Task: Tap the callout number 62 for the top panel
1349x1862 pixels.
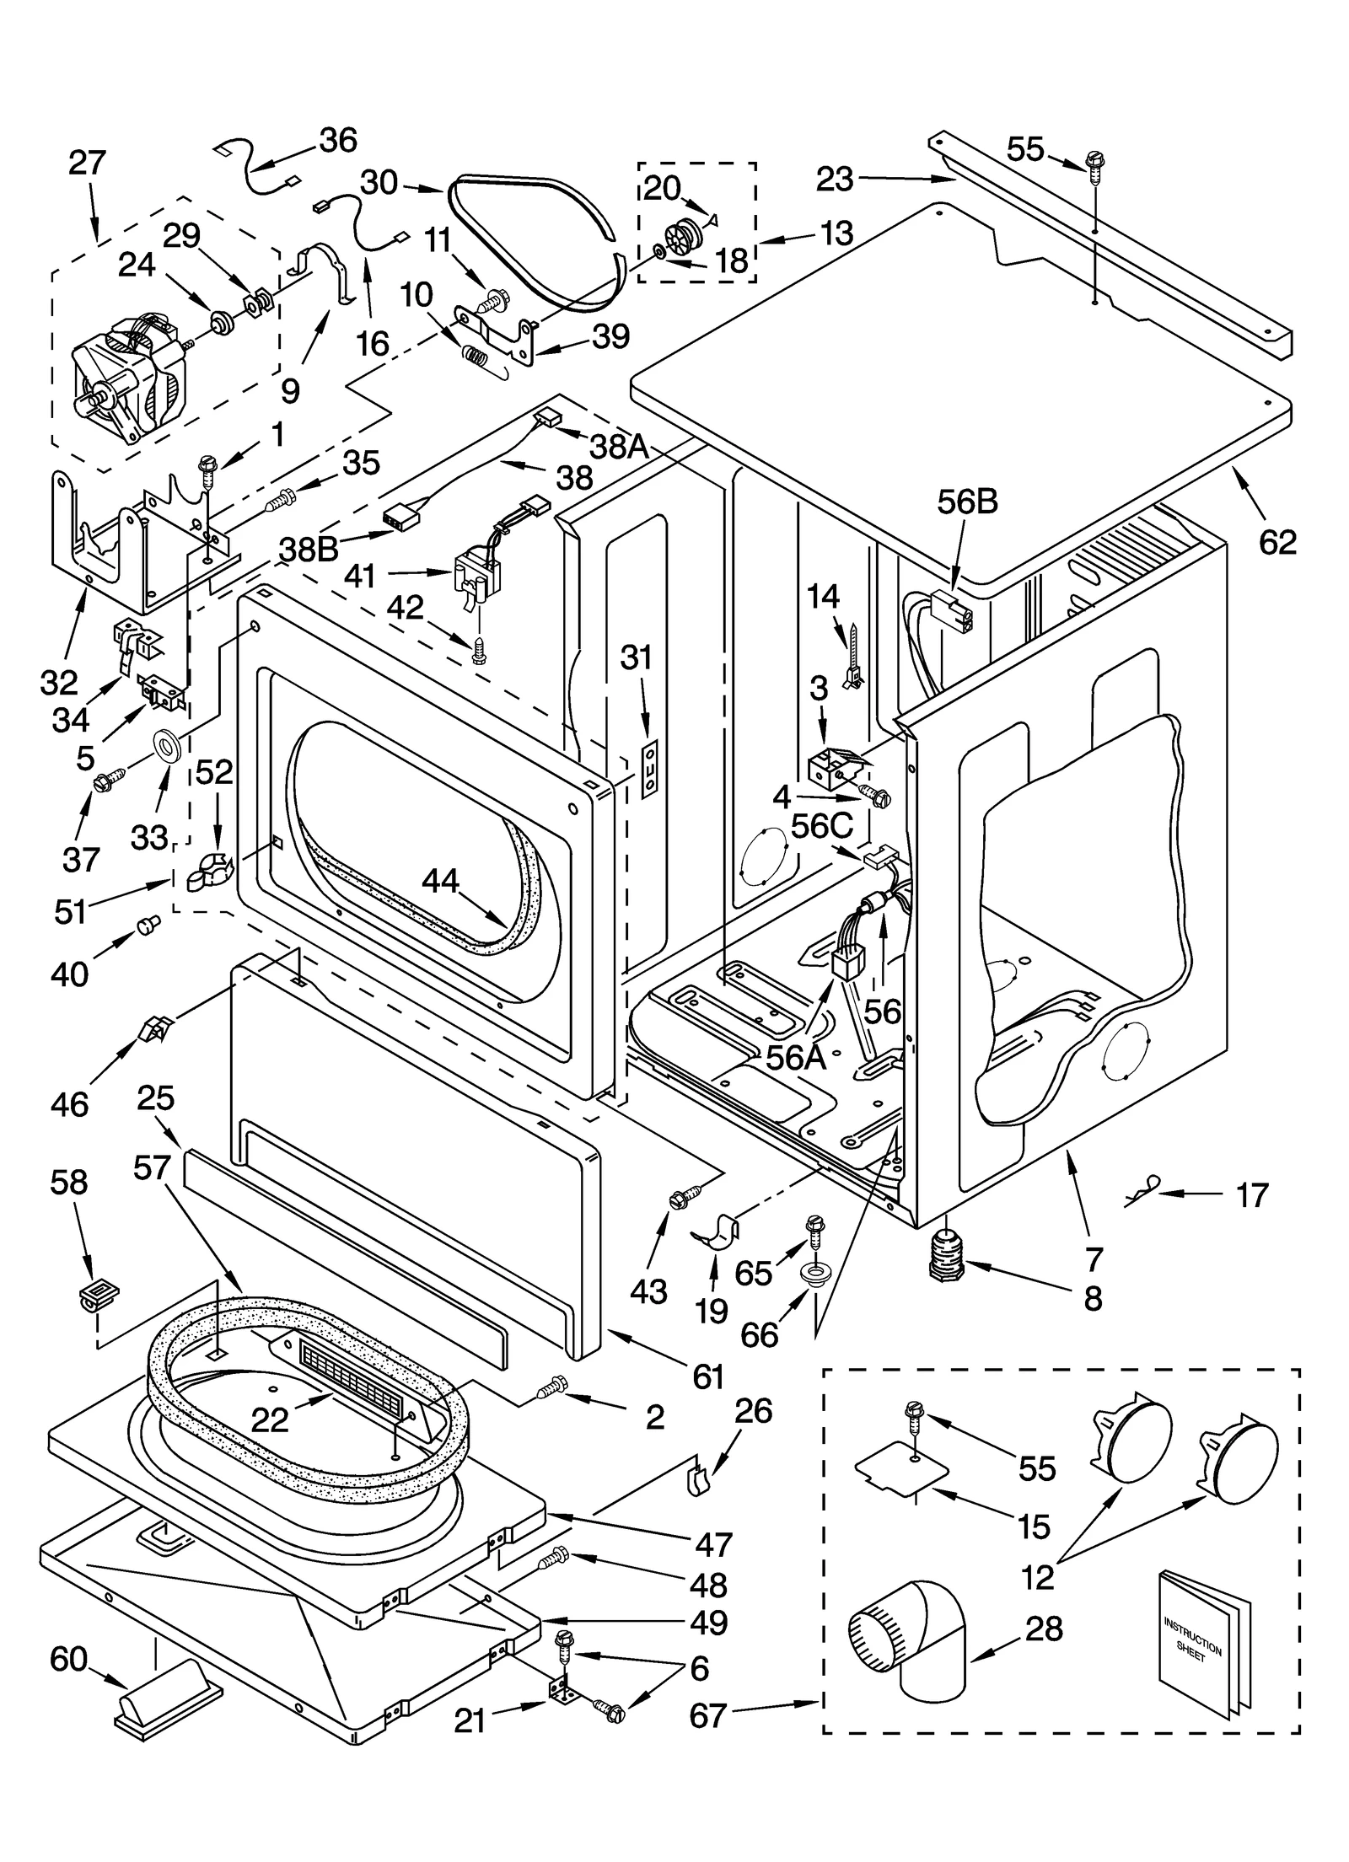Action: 1277,541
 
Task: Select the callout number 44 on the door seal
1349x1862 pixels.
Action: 440,881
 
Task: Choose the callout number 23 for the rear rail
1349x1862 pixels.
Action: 834,179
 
